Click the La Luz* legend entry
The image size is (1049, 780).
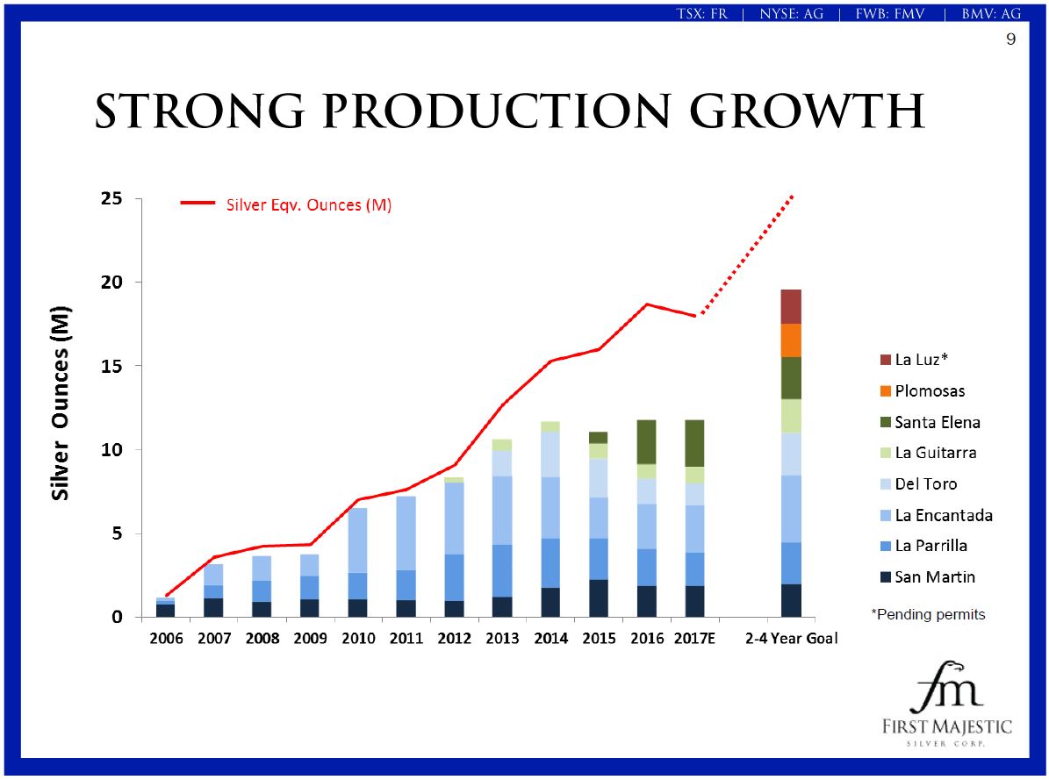pos(921,360)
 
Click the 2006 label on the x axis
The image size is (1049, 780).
pos(166,639)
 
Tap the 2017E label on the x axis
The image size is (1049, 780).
pos(693,639)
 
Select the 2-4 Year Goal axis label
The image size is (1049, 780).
pos(790,639)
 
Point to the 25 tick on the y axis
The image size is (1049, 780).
pos(110,199)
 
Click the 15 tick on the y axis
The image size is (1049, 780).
pos(110,366)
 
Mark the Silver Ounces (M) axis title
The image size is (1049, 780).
pos(61,404)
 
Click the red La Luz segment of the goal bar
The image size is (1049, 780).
pos(790,306)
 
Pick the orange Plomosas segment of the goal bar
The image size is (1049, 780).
pos(790,340)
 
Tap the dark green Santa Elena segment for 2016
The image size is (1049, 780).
pos(646,441)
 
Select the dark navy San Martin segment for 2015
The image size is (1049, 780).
pos(598,598)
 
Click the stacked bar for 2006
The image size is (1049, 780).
pos(166,607)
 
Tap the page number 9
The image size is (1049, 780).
pos(1010,39)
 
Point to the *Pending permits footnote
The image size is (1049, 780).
pos(927,614)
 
